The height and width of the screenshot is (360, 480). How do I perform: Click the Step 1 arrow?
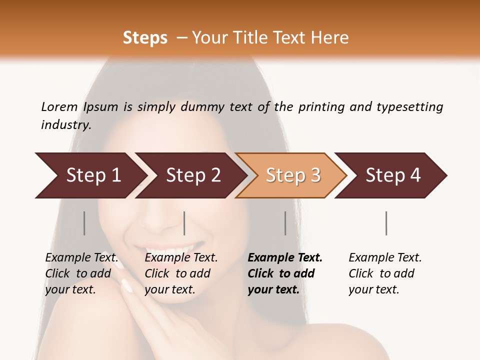(x=90, y=175)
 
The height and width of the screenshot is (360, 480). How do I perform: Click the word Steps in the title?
(x=145, y=38)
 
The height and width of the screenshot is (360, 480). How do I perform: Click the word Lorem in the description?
(x=59, y=106)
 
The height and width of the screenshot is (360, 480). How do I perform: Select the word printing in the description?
(x=321, y=106)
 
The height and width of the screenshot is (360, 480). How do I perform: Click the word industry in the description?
(x=66, y=124)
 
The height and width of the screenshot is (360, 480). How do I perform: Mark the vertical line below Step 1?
(x=84, y=223)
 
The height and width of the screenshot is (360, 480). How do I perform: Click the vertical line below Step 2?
(x=184, y=223)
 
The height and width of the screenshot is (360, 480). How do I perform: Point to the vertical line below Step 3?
(x=285, y=223)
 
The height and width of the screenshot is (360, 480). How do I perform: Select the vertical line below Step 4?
(x=386, y=223)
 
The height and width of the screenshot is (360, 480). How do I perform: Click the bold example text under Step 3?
(x=284, y=273)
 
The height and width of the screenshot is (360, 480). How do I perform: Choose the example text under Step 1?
(x=81, y=273)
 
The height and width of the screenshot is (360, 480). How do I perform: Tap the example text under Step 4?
(x=384, y=273)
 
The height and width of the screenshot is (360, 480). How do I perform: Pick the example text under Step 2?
(x=181, y=273)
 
